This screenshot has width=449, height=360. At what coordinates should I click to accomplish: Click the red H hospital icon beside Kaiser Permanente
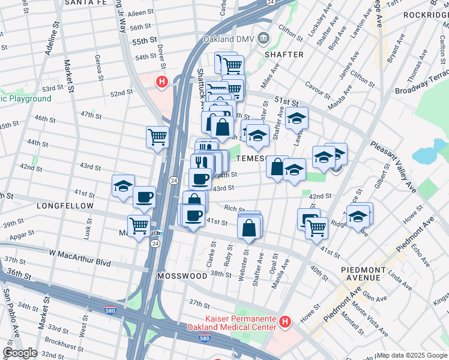[x=286, y=322]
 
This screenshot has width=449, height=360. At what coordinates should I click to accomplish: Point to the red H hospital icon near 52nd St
[x=161, y=82]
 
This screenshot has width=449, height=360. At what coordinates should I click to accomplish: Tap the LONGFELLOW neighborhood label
[x=65, y=206]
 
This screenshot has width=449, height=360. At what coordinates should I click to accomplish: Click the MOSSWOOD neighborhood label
[x=182, y=276]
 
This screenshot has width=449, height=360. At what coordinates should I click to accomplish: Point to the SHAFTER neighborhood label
[x=284, y=55]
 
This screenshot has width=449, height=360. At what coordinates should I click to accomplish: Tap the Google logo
[x=19, y=353]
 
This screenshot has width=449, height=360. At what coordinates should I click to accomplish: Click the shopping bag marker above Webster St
[x=249, y=228]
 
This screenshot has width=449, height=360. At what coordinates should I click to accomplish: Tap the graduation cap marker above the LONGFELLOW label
[x=123, y=186]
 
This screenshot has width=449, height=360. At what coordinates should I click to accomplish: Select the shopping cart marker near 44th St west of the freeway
[x=157, y=136]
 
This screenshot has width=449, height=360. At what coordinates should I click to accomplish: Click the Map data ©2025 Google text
[x=412, y=355]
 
